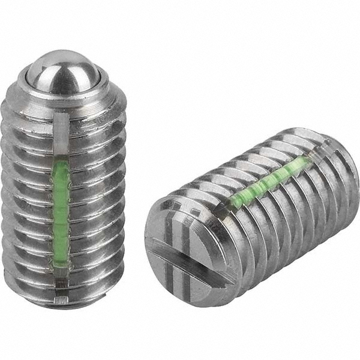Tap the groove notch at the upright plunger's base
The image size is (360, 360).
point(61,295)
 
